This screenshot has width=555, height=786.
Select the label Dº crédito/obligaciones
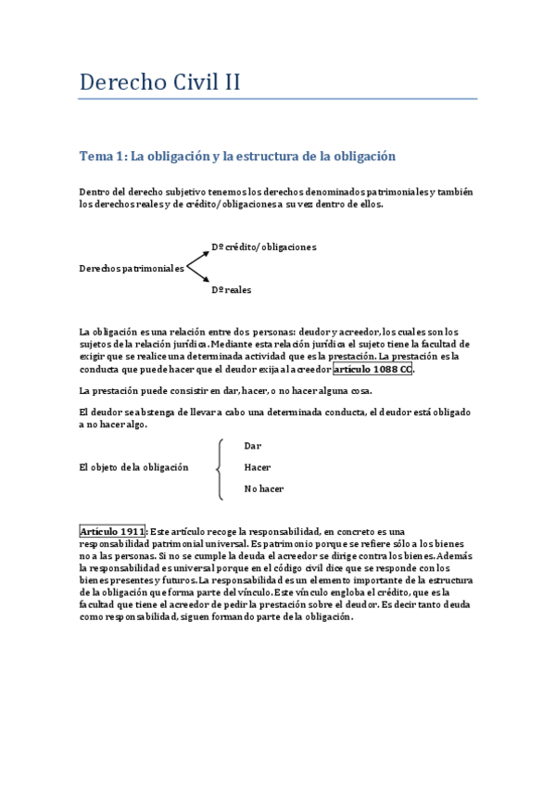264,247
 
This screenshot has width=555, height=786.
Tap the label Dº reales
231,289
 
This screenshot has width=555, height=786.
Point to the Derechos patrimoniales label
132,268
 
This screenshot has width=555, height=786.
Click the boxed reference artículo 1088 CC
372,369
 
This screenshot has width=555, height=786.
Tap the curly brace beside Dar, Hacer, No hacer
218,467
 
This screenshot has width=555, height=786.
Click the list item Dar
252,446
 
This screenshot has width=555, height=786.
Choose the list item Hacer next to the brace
257,467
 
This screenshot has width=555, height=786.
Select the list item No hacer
263,488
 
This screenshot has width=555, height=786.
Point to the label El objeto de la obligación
133,467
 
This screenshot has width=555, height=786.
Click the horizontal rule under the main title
278,98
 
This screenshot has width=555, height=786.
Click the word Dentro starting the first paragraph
95,192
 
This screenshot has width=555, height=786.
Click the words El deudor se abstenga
130,412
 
